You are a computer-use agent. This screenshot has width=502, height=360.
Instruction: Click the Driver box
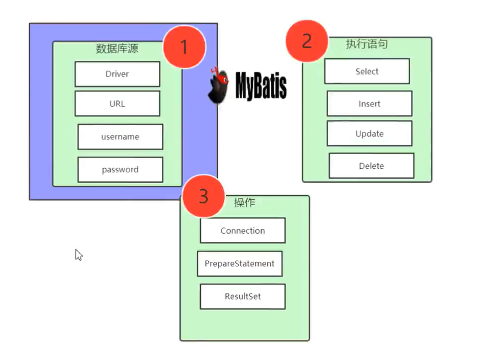117,74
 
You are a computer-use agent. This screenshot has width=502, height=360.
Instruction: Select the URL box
117,104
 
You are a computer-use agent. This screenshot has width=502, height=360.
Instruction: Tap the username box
120,137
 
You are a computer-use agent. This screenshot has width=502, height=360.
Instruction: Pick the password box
120,169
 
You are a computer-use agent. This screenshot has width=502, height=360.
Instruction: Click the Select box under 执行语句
367,71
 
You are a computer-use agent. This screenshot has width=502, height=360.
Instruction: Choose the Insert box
369,104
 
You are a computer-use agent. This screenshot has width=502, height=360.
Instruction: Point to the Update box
369,134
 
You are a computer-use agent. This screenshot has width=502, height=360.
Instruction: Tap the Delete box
371,166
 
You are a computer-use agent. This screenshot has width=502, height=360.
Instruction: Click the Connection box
243,230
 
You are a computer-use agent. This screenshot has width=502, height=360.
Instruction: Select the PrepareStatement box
240,264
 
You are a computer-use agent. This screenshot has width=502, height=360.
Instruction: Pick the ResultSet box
243,297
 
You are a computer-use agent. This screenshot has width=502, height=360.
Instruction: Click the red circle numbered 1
184,47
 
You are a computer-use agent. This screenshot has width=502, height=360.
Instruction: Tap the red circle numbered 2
307,41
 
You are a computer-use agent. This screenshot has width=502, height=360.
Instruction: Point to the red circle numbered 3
203,196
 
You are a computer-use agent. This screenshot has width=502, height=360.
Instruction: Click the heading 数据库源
117,49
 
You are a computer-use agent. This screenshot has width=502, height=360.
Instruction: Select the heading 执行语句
367,44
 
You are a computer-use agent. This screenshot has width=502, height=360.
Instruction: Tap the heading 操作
244,203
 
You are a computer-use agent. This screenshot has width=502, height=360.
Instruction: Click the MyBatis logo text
261,86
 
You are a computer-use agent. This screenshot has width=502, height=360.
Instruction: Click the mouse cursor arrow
79,255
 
